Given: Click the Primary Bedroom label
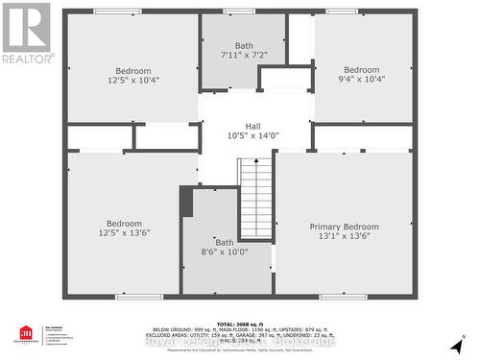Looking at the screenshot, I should click(x=338, y=227).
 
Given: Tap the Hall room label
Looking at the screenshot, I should click(x=252, y=126).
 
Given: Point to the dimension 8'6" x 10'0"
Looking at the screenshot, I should click(x=224, y=252).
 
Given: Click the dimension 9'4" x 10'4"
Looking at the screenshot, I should click(x=362, y=82).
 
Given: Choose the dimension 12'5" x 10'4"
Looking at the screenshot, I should click(x=133, y=82).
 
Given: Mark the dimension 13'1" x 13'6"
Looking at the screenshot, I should click(x=338, y=237).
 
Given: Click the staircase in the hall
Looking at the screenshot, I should click(x=255, y=199).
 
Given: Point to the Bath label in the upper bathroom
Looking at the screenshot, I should click(x=244, y=46).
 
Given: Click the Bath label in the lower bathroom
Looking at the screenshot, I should click(x=224, y=242).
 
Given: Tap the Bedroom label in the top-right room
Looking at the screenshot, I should click(x=362, y=70).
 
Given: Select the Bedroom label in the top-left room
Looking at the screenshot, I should click(x=133, y=71).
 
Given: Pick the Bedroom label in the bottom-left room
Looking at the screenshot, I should click(x=124, y=224).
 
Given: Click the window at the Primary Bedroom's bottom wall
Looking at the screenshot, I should click(x=343, y=296).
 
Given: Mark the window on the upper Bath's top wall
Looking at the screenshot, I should click(x=239, y=11).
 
